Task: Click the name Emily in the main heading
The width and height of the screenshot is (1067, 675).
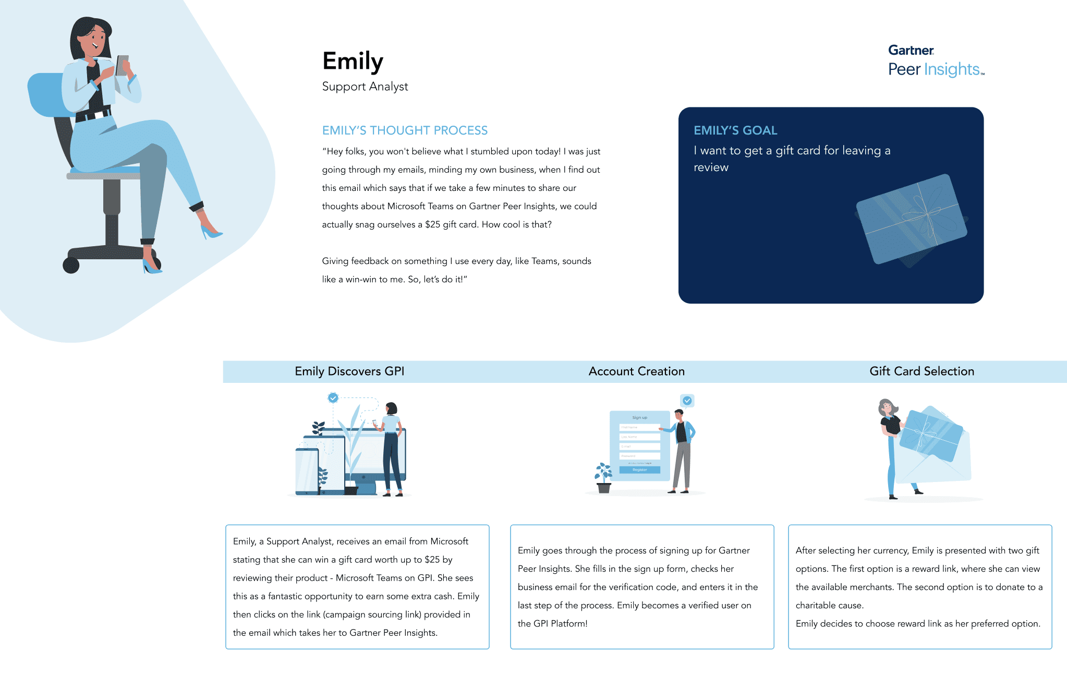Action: click(x=353, y=62)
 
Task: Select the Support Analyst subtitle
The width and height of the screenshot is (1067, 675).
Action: click(x=365, y=87)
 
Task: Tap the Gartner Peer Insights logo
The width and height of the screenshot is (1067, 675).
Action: click(x=936, y=61)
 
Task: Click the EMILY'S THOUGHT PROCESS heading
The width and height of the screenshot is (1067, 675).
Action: click(x=405, y=130)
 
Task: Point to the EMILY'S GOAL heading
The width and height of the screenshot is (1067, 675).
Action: click(x=735, y=130)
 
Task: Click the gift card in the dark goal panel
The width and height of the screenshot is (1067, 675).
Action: click(x=912, y=219)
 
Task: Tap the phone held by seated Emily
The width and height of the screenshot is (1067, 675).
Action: click(x=123, y=65)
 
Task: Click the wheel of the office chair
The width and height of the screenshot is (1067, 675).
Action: click(x=71, y=265)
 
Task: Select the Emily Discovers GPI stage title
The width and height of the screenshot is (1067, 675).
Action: click(x=349, y=371)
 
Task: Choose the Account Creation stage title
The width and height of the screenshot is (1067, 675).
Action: click(x=636, y=371)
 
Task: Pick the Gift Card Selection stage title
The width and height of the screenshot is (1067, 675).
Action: click(x=921, y=371)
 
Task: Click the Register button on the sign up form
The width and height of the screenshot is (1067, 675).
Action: click(x=639, y=470)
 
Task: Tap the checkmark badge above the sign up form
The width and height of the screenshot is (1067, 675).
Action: click(x=687, y=401)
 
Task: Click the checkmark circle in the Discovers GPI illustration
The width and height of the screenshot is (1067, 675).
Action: click(x=333, y=398)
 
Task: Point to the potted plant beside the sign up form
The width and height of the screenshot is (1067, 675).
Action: click(x=603, y=478)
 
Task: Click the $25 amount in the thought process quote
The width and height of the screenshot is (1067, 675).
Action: click(x=432, y=225)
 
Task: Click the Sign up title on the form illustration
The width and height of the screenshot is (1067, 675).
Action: click(x=639, y=417)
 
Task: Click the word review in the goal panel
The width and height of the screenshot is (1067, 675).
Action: click(x=711, y=167)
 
